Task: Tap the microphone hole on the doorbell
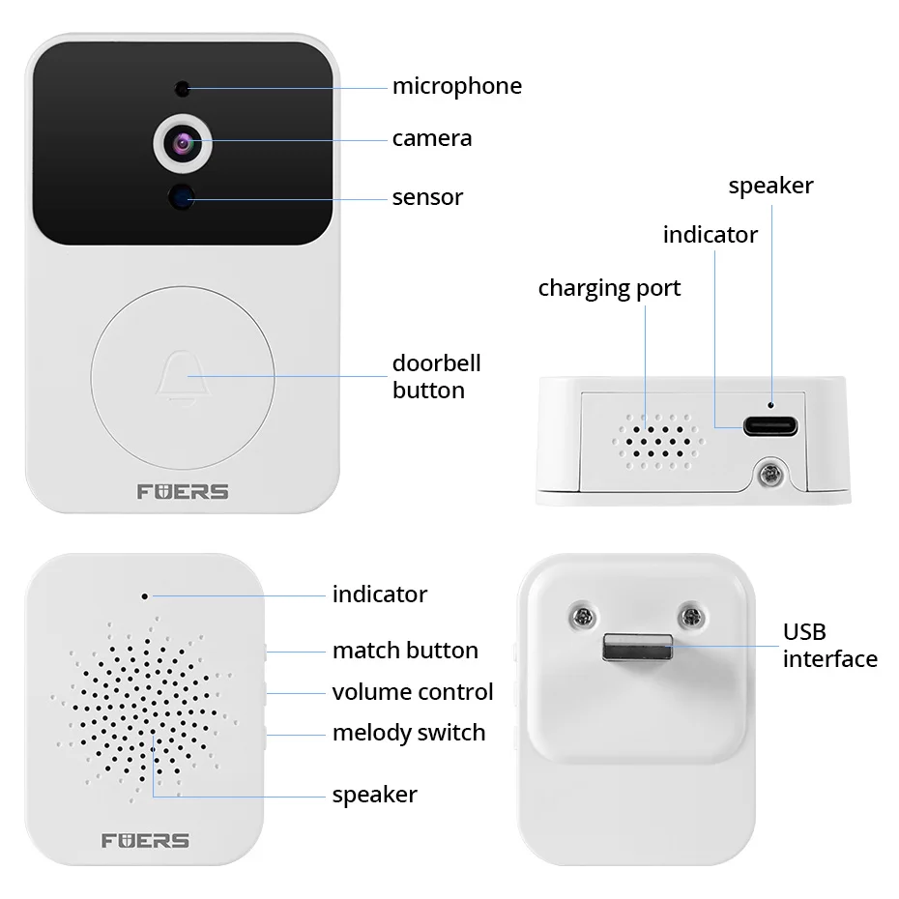click(181, 89)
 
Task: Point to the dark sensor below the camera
click(181, 197)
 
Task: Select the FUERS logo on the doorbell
click(181, 491)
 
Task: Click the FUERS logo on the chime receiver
click(145, 839)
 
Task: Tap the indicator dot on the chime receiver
click(145, 595)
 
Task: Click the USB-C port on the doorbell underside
click(770, 424)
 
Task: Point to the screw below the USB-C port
click(771, 475)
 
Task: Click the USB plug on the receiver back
click(639, 647)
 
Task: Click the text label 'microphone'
click(456, 86)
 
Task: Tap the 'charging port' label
click(609, 288)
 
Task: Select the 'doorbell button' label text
click(436, 377)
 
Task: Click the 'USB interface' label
click(829, 646)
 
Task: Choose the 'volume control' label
click(412, 692)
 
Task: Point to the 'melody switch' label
click(408, 733)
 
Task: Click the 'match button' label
click(405, 651)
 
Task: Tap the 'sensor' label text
click(427, 197)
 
